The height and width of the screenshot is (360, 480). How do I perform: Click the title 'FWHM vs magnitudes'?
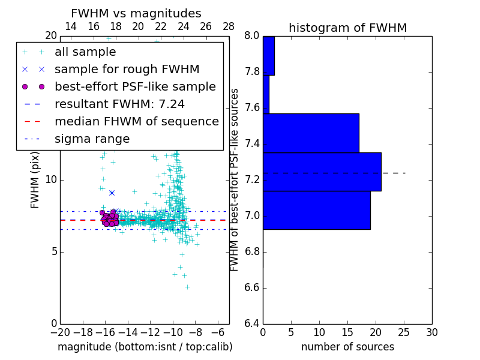[136, 14]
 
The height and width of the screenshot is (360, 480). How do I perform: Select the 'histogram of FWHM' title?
[347, 28]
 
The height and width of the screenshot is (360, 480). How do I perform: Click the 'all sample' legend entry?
[85, 52]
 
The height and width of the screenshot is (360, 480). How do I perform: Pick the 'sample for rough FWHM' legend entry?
[127, 70]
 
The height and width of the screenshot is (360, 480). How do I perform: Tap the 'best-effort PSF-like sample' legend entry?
[135, 86]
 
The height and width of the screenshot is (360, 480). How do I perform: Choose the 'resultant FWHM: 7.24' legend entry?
[119, 104]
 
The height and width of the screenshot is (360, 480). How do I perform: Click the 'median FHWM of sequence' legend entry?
[136, 121]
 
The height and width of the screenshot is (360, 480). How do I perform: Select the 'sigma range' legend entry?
[92, 139]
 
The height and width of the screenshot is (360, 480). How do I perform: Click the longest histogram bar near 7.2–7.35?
[322, 172]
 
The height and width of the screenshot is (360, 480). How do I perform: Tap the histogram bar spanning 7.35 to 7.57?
[311, 133]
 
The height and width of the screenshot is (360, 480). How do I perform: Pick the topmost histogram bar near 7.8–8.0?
[268, 56]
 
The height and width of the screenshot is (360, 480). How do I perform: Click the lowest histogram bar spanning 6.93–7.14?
[316, 210]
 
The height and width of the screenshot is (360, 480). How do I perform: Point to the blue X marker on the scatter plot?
[112, 193]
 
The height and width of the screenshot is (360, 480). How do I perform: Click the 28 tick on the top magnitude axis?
[229, 26]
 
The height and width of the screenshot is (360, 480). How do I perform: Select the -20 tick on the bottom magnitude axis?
[60, 332]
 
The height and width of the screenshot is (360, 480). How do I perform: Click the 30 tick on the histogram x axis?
[431, 332]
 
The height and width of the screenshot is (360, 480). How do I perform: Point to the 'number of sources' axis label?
[347, 347]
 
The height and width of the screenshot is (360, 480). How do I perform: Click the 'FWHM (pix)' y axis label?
[35, 179]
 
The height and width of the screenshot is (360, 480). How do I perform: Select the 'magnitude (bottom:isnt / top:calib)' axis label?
[145, 347]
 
